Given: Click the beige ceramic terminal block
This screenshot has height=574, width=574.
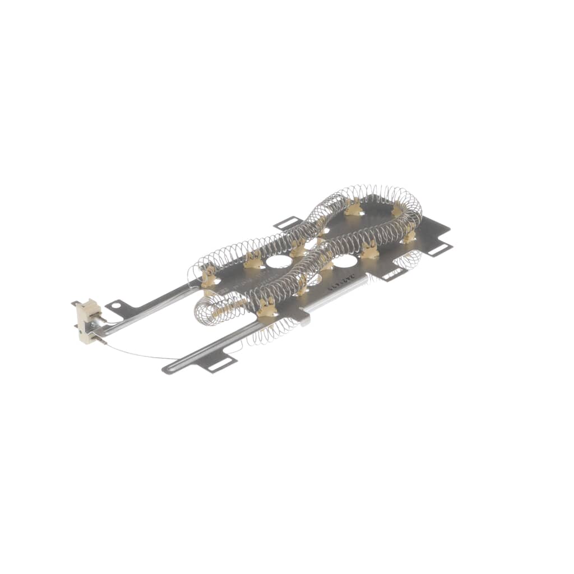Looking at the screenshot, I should pos(89,321).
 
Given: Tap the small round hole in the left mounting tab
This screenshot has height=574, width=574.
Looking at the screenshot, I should pos(116,306).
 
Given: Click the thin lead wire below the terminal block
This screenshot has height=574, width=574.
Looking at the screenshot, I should pos(140,354).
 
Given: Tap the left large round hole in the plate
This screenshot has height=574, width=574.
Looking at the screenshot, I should pos(279,261).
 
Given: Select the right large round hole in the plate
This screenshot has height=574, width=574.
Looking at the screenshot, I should pos(345,261).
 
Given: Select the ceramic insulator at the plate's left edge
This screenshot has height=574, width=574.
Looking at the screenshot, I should pos(209,277).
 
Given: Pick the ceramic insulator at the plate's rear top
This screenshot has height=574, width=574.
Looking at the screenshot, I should pos(353,209).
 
